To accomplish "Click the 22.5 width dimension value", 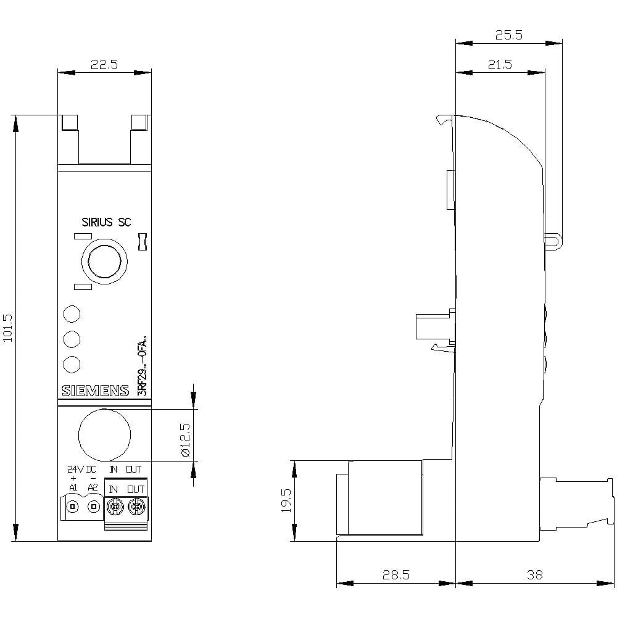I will [x=104, y=65].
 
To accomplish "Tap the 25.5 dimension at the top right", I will [x=509, y=35].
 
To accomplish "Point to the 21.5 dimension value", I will [x=500, y=65].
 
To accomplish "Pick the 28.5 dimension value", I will [x=395, y=574].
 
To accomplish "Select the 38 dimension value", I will [x=535, y=574].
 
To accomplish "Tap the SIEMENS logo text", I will [x=95, y=391].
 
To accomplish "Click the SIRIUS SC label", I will [x=106, y=222].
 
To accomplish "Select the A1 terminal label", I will [x=73, y=487].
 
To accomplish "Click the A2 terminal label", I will [x=93, y=487].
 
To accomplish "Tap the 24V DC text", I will [x=82, y=470].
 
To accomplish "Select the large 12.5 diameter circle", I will [x=104, y=434].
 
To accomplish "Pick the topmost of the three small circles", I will [x=72, y=313].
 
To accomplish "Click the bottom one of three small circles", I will [x=72, y=364].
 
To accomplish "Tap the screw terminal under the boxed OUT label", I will [x=136, y=508].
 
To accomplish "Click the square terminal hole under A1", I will [x=73, y=507].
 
